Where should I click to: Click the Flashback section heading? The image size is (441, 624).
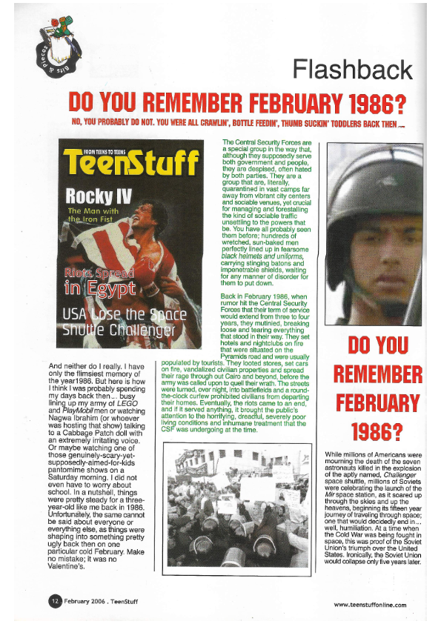click(352, 70)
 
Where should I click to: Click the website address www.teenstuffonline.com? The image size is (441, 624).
click(370, 605)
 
